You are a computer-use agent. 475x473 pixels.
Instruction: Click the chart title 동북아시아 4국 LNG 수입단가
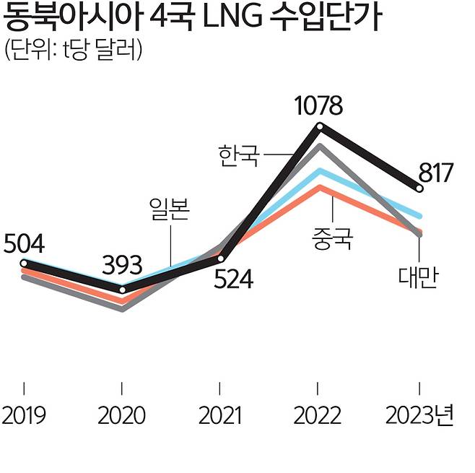[193, 17]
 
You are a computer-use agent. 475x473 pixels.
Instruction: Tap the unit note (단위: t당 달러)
[73, 50]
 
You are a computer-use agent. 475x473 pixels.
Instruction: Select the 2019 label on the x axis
[25, 417]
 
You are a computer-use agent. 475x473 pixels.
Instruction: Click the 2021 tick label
[221, 417]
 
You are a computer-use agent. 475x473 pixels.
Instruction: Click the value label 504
[25, 244]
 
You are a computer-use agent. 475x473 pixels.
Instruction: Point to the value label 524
[232, 279]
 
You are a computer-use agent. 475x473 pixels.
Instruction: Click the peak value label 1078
[318, 107]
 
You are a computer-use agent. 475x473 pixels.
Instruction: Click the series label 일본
[168, 210]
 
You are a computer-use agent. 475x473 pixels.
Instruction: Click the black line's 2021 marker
[221, 258]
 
